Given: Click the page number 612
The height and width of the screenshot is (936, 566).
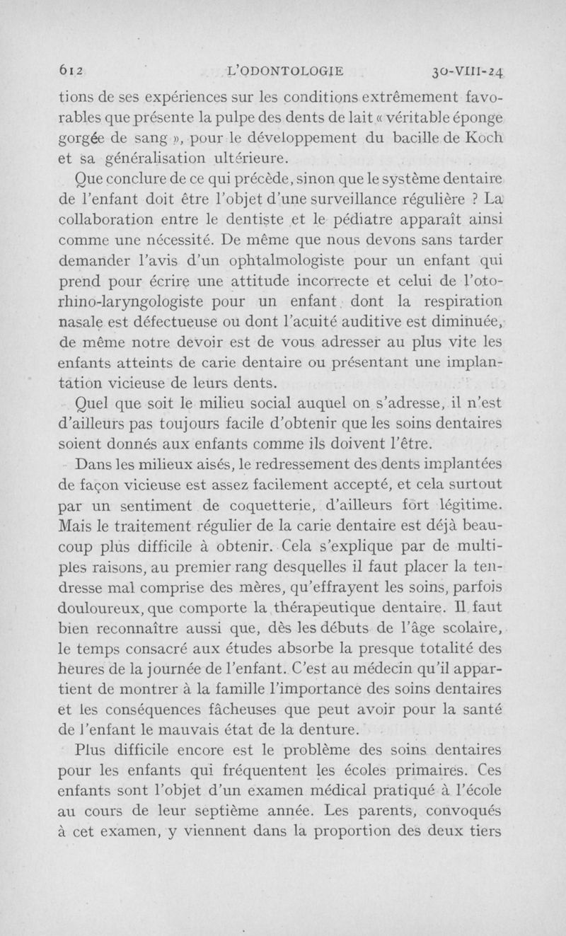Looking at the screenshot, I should [68, 70].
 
